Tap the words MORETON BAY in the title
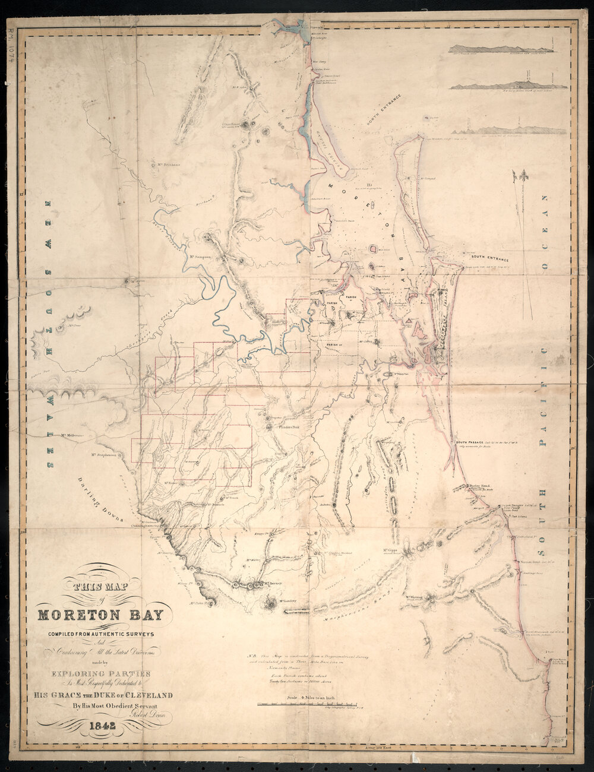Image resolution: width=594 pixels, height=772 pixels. pyautogui.click(x=105, y=615)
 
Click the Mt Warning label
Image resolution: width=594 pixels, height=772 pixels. pyautogui.click(x=418, y=597)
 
